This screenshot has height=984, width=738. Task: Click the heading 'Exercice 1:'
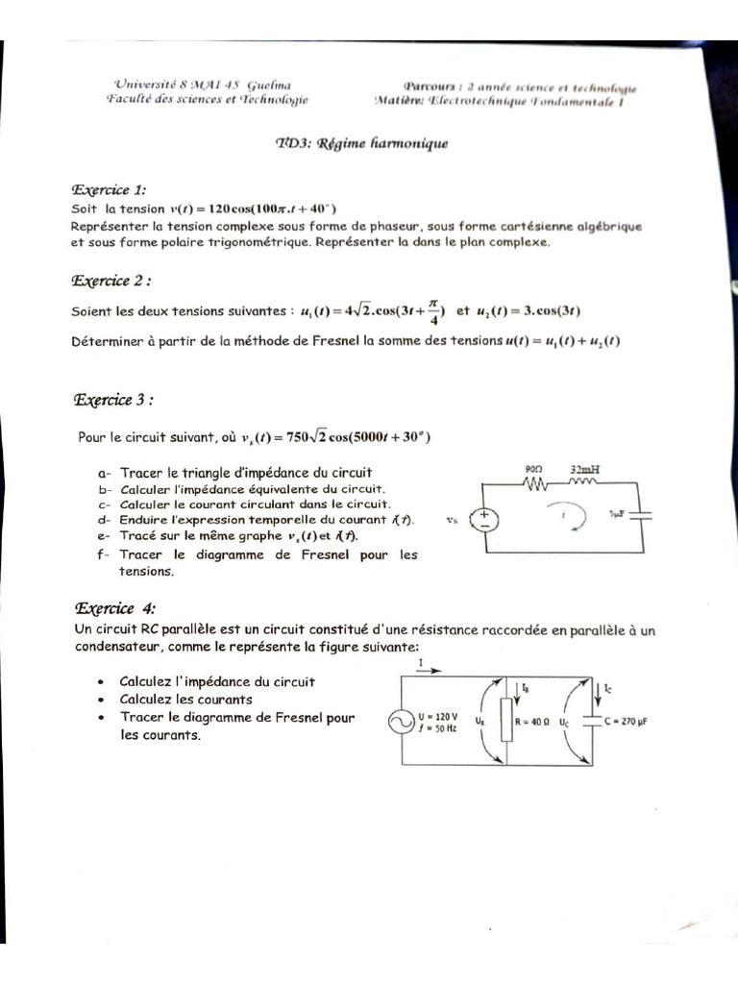tap(109, 190)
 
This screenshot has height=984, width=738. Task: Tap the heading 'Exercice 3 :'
tap(113, 400)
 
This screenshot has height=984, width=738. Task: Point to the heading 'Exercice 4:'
tap(114, 608)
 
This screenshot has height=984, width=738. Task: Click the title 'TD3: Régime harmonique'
tap(361, 144)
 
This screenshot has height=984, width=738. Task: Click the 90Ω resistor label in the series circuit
tap(534, 470)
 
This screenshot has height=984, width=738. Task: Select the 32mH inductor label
tap(585, 470)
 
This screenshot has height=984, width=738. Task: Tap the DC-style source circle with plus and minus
tap(484, 520)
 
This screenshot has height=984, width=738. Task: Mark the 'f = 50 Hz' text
tap(437, 728)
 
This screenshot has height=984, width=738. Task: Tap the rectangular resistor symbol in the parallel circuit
tap(504, 721)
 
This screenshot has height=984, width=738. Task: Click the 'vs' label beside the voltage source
tap(453, 520)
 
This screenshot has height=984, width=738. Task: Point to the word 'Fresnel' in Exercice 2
tap(314, 341)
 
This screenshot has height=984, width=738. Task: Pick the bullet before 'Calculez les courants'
tap(101, 700)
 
